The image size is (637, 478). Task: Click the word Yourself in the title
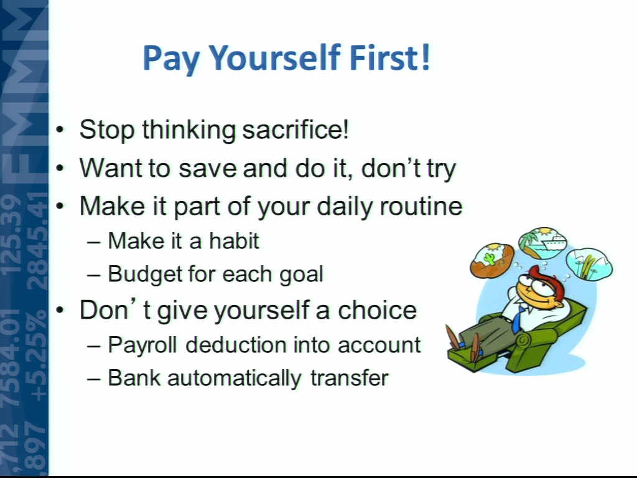[x=274, y=58]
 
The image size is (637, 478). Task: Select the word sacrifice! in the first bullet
[x=295, y=129]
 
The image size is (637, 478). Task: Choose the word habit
[x=234, y=241]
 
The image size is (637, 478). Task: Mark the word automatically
[x=234, y=378]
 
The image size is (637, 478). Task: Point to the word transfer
[x=350, y=378]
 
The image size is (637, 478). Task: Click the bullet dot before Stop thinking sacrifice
[x=60, y=130]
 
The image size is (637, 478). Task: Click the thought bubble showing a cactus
[x=493, y=260]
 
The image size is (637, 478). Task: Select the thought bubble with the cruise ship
[x=542, y=243]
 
